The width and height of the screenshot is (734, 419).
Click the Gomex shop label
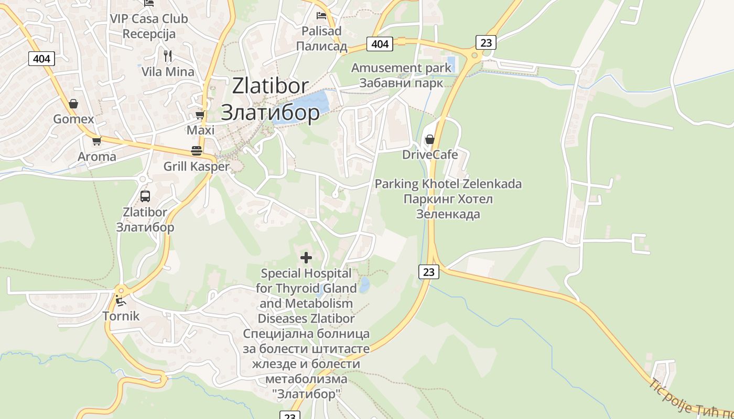click(73, 119)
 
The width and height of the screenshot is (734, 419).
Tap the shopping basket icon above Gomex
click(73, 103)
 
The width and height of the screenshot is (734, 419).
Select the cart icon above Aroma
click(96, 141)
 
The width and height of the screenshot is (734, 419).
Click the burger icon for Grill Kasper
click(197, 151)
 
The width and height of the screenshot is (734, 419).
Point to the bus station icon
click(145, 196)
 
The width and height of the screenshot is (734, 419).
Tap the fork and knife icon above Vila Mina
click(168, 56)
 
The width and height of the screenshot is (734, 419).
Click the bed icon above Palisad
click(321, 16)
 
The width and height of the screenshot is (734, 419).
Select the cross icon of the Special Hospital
click(306, 257)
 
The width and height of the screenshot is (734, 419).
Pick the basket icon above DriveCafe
click(430, 139)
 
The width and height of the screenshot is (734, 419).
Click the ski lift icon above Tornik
click(121, 301)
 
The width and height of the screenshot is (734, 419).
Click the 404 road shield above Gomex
click(41, 59)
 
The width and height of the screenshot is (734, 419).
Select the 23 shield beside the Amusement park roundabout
click(486, 42)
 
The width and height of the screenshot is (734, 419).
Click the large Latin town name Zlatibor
click(270, 85)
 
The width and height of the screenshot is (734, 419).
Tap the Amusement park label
click(401, 68)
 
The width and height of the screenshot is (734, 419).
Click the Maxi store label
click(201, 130)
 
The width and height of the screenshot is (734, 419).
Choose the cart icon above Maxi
click(200, 115)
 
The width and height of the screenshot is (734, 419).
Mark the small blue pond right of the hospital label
click(364, 285)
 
